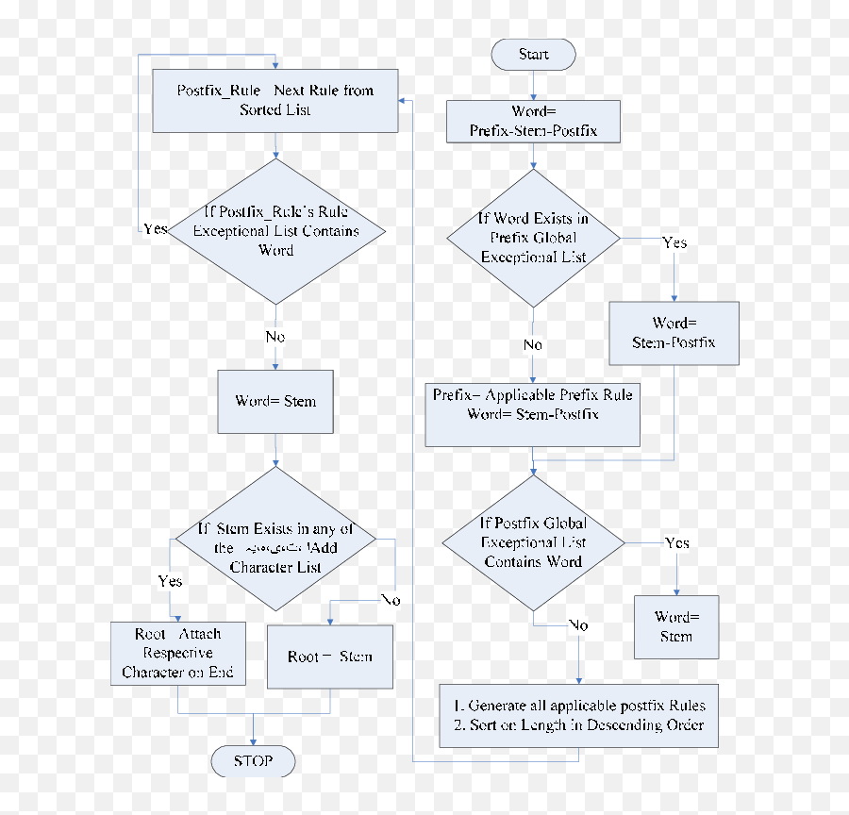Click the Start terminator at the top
tap(533, 55)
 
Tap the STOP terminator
tap(252, 760)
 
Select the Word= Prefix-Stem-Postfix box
tap(533, 122)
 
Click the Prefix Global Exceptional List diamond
tap(533, 238)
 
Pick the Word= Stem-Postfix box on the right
tap(674, 333)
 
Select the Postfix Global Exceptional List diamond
tap(533, 542)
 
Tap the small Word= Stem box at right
tap(675, 626)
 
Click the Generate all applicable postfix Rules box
tap(579, 715)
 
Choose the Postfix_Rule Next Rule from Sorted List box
tap(275, 101)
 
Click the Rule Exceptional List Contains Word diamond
tap(275, 231)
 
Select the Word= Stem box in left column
tap(275, 401)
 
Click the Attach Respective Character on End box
tap(178, 653)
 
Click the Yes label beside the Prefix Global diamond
tap(674, 243)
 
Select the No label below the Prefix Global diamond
tap(533, 345)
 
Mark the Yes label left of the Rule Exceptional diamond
tap(155, 229)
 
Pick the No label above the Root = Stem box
tap(390, 600)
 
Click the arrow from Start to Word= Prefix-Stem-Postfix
tap(533, 84)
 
